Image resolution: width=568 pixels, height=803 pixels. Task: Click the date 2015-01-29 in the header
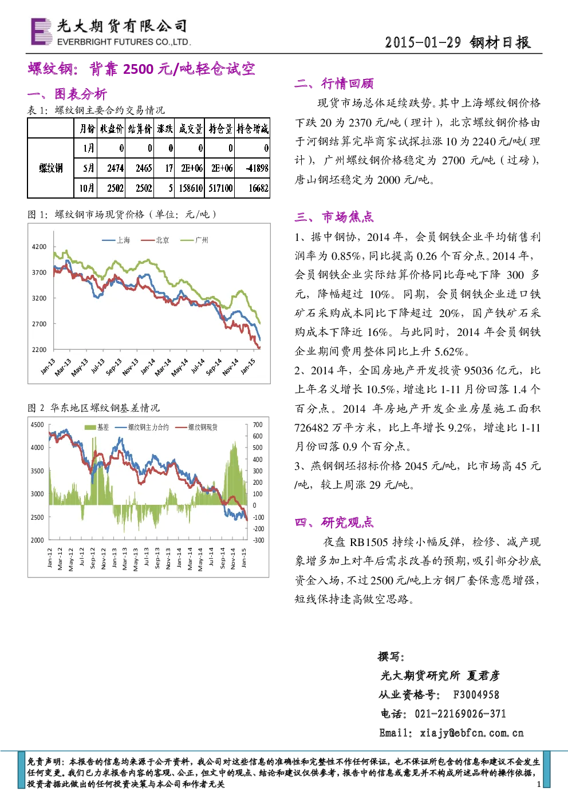coord(423,43)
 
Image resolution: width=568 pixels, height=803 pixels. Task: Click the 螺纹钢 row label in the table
coord(51,168)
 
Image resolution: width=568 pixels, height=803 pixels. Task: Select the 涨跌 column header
coord(164,128)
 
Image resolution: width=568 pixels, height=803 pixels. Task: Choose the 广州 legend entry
coord(194,240)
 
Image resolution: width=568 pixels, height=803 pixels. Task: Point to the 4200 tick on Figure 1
coord(39,247)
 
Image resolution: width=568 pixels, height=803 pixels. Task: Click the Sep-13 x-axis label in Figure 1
coord(114,367)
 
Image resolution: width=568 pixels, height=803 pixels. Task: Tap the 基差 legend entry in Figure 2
coord(97,427)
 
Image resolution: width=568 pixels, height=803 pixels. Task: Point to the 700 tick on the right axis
coord(258,425)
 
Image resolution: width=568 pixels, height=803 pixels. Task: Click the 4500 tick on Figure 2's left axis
coord(37,425)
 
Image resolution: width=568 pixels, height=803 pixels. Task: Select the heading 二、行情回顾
coord(334,84)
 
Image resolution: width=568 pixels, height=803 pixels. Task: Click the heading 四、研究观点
coord(334,523)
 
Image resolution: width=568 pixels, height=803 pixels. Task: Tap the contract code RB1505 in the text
coord(369,542)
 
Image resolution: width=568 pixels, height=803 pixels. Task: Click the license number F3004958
coord(476,695)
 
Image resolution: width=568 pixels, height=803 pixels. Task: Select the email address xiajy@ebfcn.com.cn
coord(472,733)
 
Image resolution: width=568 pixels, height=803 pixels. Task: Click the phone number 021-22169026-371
coord(460,714)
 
